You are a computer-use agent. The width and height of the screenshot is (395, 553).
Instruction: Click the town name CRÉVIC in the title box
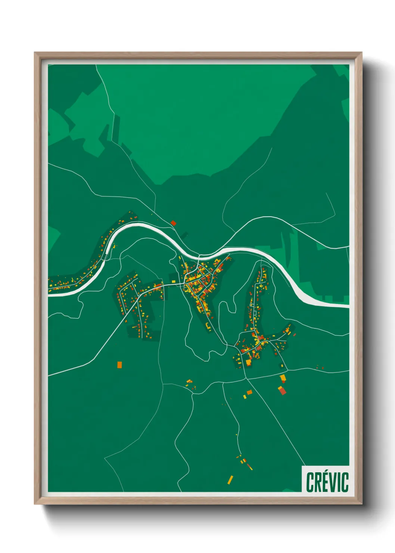point(327,482)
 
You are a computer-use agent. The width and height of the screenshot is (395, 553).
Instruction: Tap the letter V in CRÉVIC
point(333,482)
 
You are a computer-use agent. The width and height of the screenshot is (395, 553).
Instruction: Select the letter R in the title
point(317,482)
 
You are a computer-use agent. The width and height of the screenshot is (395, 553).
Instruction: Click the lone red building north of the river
point(173,223)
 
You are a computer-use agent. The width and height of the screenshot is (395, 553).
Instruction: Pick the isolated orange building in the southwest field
point(119,364)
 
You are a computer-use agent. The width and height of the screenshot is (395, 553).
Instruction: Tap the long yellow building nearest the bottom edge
point(230,480)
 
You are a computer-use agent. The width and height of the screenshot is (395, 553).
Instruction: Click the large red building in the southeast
point(282,390)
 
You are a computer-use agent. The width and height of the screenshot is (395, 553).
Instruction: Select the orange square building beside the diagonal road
point(249,392)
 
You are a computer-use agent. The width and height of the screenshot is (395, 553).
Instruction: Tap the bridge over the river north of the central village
point(199,257)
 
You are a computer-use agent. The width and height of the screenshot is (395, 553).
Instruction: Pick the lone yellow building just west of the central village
point(173,281)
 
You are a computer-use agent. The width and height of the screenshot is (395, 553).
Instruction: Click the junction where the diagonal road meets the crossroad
point(246,379)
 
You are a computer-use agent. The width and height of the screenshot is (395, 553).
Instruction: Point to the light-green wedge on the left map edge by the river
point(53,239)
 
